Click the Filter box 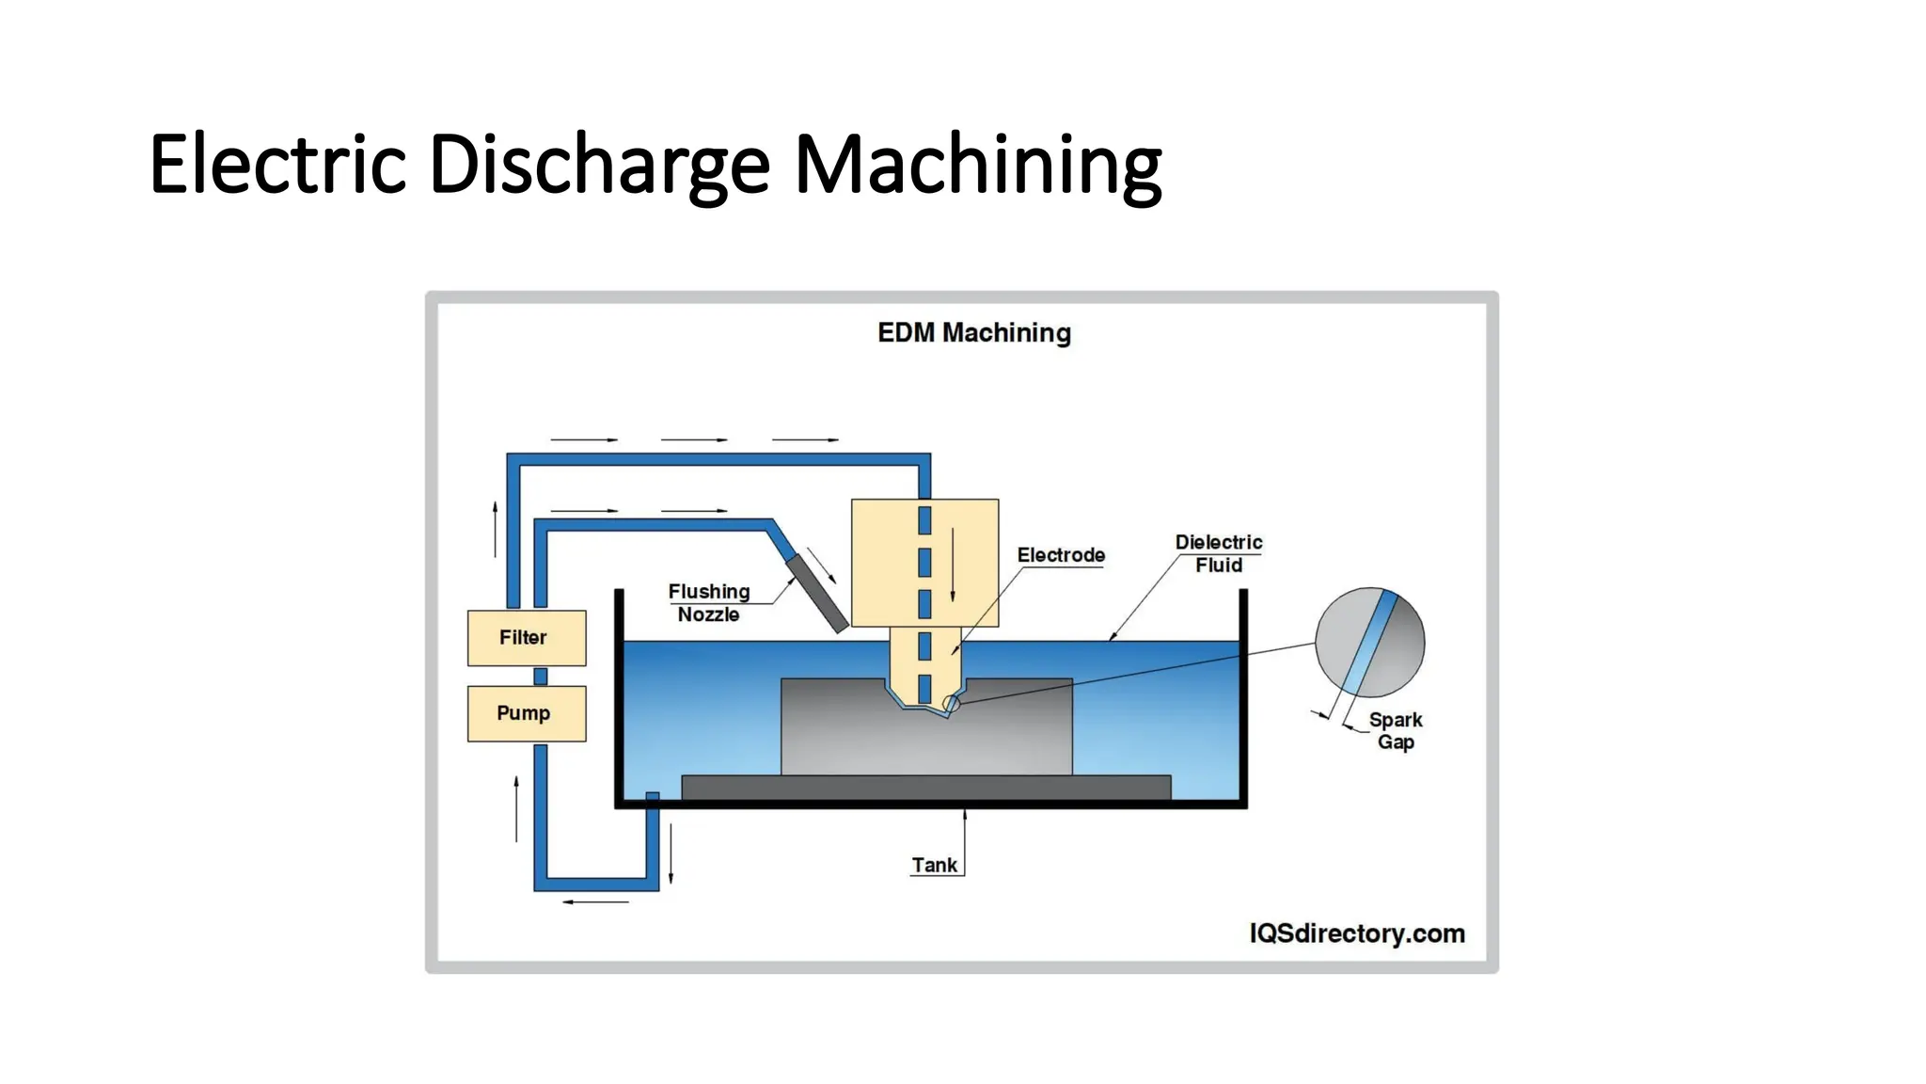527,638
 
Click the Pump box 527,713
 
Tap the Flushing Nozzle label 709,602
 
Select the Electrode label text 1061,555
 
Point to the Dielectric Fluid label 1219,553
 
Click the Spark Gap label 1396,730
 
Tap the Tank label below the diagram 934,865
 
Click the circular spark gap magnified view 1369,642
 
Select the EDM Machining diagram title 974,332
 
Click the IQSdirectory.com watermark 1357,933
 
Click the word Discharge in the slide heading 599,165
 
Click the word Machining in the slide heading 978,165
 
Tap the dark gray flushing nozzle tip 817,593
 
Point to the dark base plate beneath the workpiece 926,787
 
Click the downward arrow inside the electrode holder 953,565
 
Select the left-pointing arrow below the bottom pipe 595,901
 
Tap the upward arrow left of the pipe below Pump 516,808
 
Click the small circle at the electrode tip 951,704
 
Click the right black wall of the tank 1243,696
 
